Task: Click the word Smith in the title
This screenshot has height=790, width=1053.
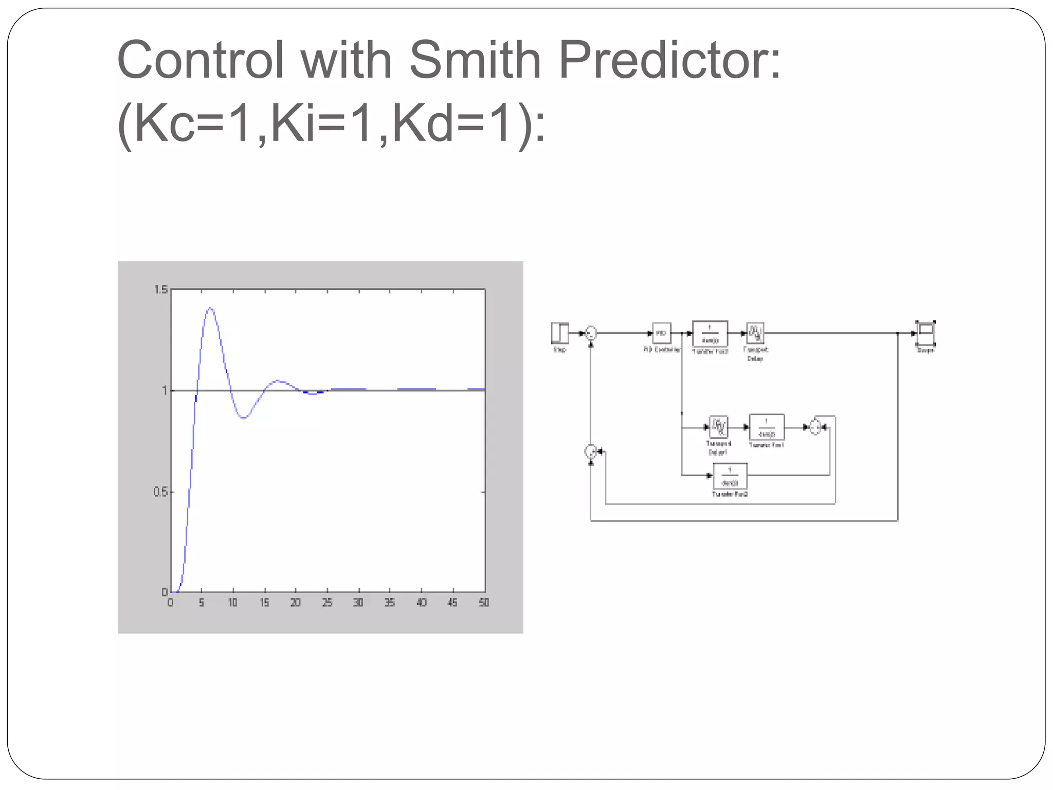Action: [475, 60]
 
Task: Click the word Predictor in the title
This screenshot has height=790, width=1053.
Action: [669, 60]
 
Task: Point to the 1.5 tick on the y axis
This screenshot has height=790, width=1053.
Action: [161, 290]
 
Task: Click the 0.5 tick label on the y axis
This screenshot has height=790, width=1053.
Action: [160, 492]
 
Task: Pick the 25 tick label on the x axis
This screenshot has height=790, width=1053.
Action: [327, 602]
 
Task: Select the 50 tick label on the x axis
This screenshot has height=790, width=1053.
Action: [484, 602]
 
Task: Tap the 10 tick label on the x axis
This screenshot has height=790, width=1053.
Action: [233, 602]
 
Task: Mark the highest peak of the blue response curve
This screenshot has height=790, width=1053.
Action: [210, 308]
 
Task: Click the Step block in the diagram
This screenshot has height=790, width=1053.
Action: [560, 333]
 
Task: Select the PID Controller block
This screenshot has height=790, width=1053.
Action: [661, 333]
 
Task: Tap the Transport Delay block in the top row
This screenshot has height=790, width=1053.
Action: [755, 333]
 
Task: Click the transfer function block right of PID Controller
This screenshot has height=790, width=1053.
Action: [710, 333]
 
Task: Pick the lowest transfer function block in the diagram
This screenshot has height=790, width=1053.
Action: [730, 476]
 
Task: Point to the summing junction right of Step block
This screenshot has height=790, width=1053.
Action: [591, 333]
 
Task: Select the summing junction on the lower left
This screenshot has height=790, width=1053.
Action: [591, 452]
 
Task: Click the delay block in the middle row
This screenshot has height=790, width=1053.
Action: [718, 427]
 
